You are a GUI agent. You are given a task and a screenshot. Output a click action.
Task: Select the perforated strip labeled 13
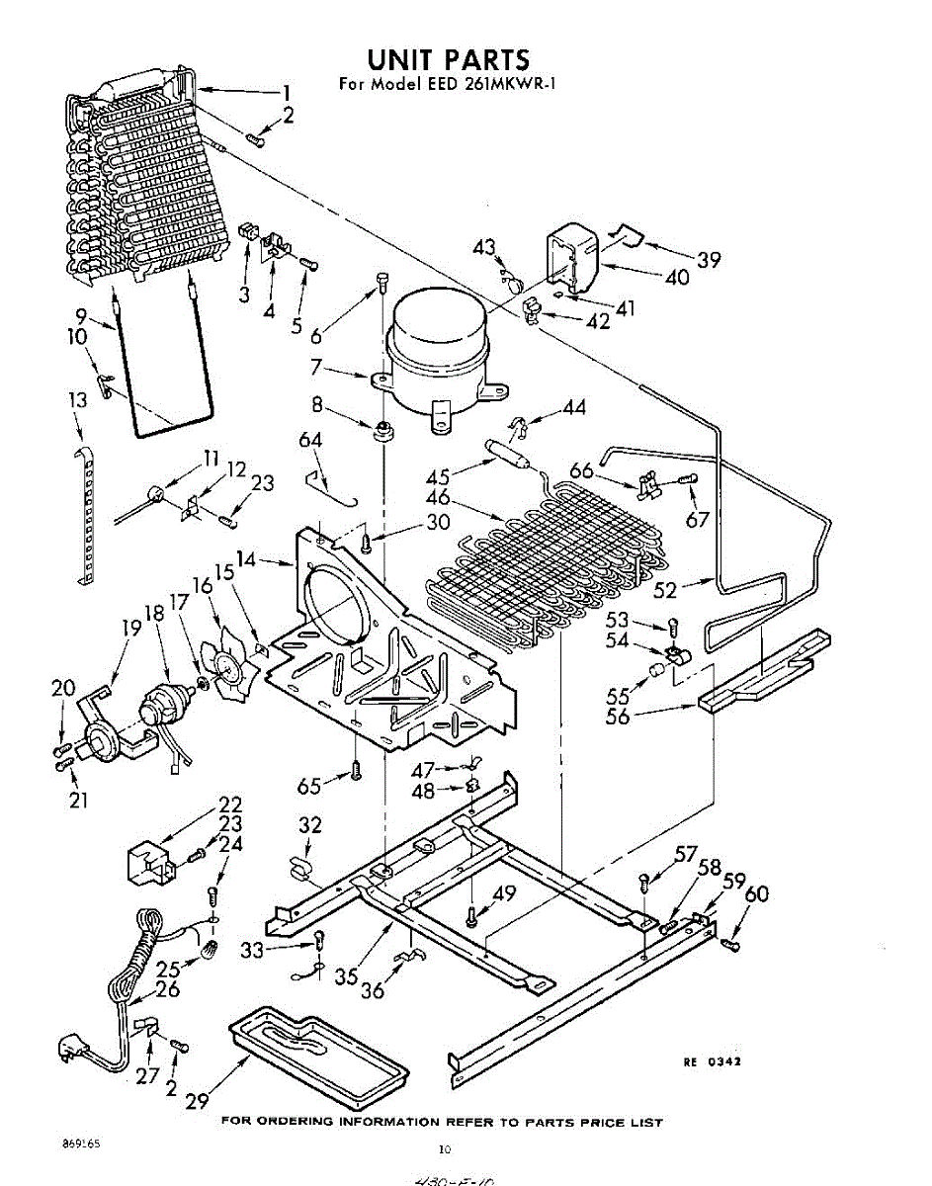pos(87,514)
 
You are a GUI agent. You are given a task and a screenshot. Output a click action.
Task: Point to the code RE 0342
pos(712,1061)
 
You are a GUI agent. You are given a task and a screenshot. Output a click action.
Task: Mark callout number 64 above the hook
pos(311,441)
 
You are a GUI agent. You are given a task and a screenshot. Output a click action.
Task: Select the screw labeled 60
pos(731,946)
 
